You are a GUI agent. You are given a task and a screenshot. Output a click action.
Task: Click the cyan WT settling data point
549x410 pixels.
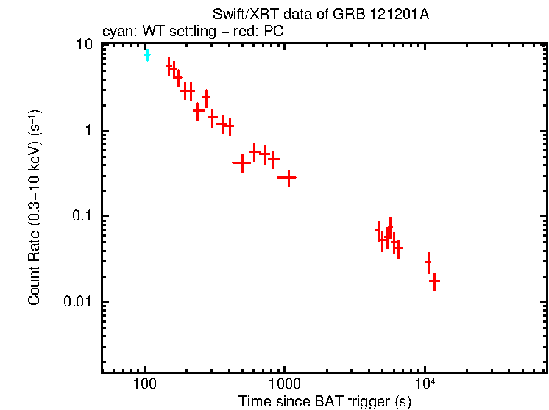[147, 54]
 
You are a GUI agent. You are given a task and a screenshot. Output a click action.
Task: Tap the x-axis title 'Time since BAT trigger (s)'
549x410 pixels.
[325, 401]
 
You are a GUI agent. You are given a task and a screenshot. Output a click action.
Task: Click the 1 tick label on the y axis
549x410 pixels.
[89, 131]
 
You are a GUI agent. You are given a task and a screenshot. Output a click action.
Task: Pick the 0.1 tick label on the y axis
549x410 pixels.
[83, 217]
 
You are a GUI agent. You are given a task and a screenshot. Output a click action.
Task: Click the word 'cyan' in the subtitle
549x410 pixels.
[116, 32]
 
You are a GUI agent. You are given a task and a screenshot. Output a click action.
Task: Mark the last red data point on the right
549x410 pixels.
[435, 281]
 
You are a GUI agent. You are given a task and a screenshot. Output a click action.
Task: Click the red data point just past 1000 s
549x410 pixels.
[287, 177]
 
